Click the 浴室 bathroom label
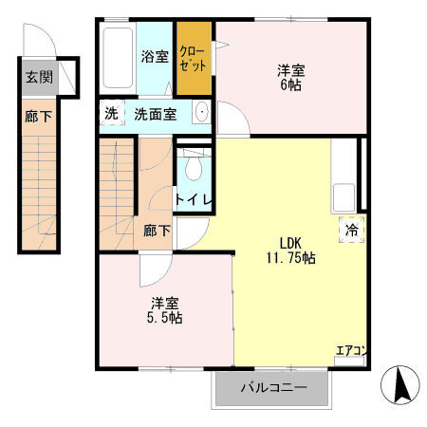tap(155, 56)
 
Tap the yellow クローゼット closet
tap(195, 59)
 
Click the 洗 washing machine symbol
tap(111, 115)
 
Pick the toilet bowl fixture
tap(194, 168)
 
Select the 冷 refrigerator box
tap(349, 229)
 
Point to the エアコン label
tap(350, 350)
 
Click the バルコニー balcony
tap(272, 388)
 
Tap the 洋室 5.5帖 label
tap(165, 310)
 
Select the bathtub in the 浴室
tap(117, 57)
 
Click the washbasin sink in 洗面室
tap(201, 114)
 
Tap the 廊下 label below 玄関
tap(38, 118)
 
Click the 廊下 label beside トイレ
tap(156, 230)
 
